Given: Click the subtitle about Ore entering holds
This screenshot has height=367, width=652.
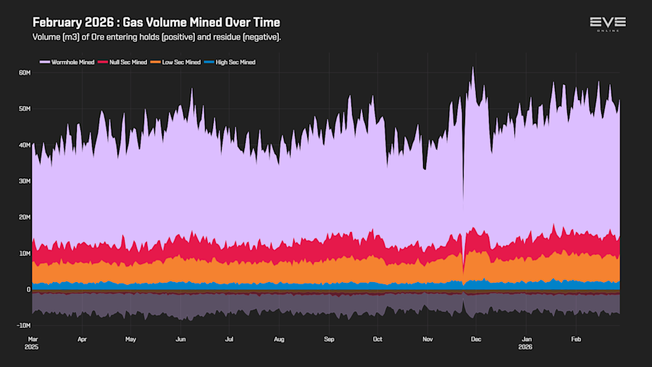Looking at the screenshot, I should [156, 37].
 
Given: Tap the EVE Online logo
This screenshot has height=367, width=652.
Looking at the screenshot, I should [607, 24].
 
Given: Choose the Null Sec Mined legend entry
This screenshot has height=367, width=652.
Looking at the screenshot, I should [127, 62].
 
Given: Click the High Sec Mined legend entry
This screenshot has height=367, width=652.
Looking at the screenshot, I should [235, 62].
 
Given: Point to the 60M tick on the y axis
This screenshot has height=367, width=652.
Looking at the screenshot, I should [24, 73].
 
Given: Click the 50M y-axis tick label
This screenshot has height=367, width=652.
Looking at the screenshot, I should [24, 109].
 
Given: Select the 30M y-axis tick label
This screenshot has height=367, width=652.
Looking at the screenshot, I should [24, 181].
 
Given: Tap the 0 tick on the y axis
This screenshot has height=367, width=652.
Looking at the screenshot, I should [28, 289].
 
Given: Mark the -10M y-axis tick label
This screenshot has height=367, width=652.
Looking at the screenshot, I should [22, 326].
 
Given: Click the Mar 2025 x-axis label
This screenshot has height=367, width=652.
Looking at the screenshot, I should [33, 342].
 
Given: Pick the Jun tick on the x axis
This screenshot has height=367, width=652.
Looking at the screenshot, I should [180, 339].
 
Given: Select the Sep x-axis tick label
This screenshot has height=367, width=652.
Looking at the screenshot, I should [329, 339].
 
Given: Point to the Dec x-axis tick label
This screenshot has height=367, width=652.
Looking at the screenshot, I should [477, 339].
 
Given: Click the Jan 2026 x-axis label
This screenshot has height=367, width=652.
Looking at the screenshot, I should [527, 342].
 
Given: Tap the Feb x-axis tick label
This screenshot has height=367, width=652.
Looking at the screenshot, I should [577, 339].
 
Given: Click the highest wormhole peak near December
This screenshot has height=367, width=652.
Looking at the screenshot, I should [473, 68].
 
